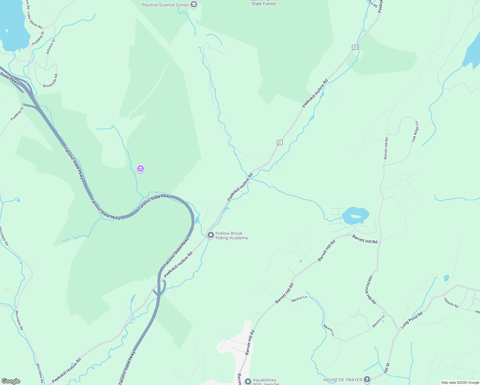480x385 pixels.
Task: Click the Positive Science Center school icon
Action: (193, 5)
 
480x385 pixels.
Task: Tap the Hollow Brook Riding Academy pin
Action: (210, 235)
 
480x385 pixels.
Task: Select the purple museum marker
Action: (140, 169)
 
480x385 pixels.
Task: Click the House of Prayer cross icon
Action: (367, 380)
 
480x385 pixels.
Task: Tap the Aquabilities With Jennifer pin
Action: (248, 381)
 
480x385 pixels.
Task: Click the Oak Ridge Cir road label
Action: (415, 132)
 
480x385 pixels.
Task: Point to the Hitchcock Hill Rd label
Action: (370, 290)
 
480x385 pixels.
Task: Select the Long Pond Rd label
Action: (412, 320)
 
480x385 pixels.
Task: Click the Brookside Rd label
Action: (50, 81)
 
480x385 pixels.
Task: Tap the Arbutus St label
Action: (51, 47)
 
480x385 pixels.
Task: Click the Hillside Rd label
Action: (451, 303)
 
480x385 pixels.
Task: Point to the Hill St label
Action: (387, 368)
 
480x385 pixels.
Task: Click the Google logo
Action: (11, 381)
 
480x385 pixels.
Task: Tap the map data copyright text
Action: (460, 382)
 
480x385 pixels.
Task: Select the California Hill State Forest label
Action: (263, 3)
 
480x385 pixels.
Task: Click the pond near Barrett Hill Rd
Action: (355, 216)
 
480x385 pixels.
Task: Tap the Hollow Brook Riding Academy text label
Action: (232, 235)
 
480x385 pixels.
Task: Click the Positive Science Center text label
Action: (165, 5)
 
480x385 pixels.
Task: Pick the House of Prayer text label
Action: (343, 380)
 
